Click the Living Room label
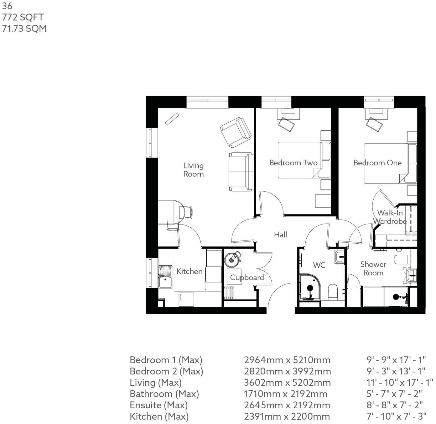pos(193,170)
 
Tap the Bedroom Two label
pos(293,163)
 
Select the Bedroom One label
pos(377,163)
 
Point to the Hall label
pos(280,235)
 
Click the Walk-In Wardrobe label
pos(390,217)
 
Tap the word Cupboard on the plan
pos(247,278)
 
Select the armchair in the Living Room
pos(236,132)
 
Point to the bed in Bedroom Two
pos(299,160)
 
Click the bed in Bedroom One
pos(385,163)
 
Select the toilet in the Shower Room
pos(401,260)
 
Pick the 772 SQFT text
pos(23,17)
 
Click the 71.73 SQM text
pos(24,29)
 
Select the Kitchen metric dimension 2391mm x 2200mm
pos(287,416)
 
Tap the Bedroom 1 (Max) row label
pos(166,360)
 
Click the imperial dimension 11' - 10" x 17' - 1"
pos(400,383)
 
